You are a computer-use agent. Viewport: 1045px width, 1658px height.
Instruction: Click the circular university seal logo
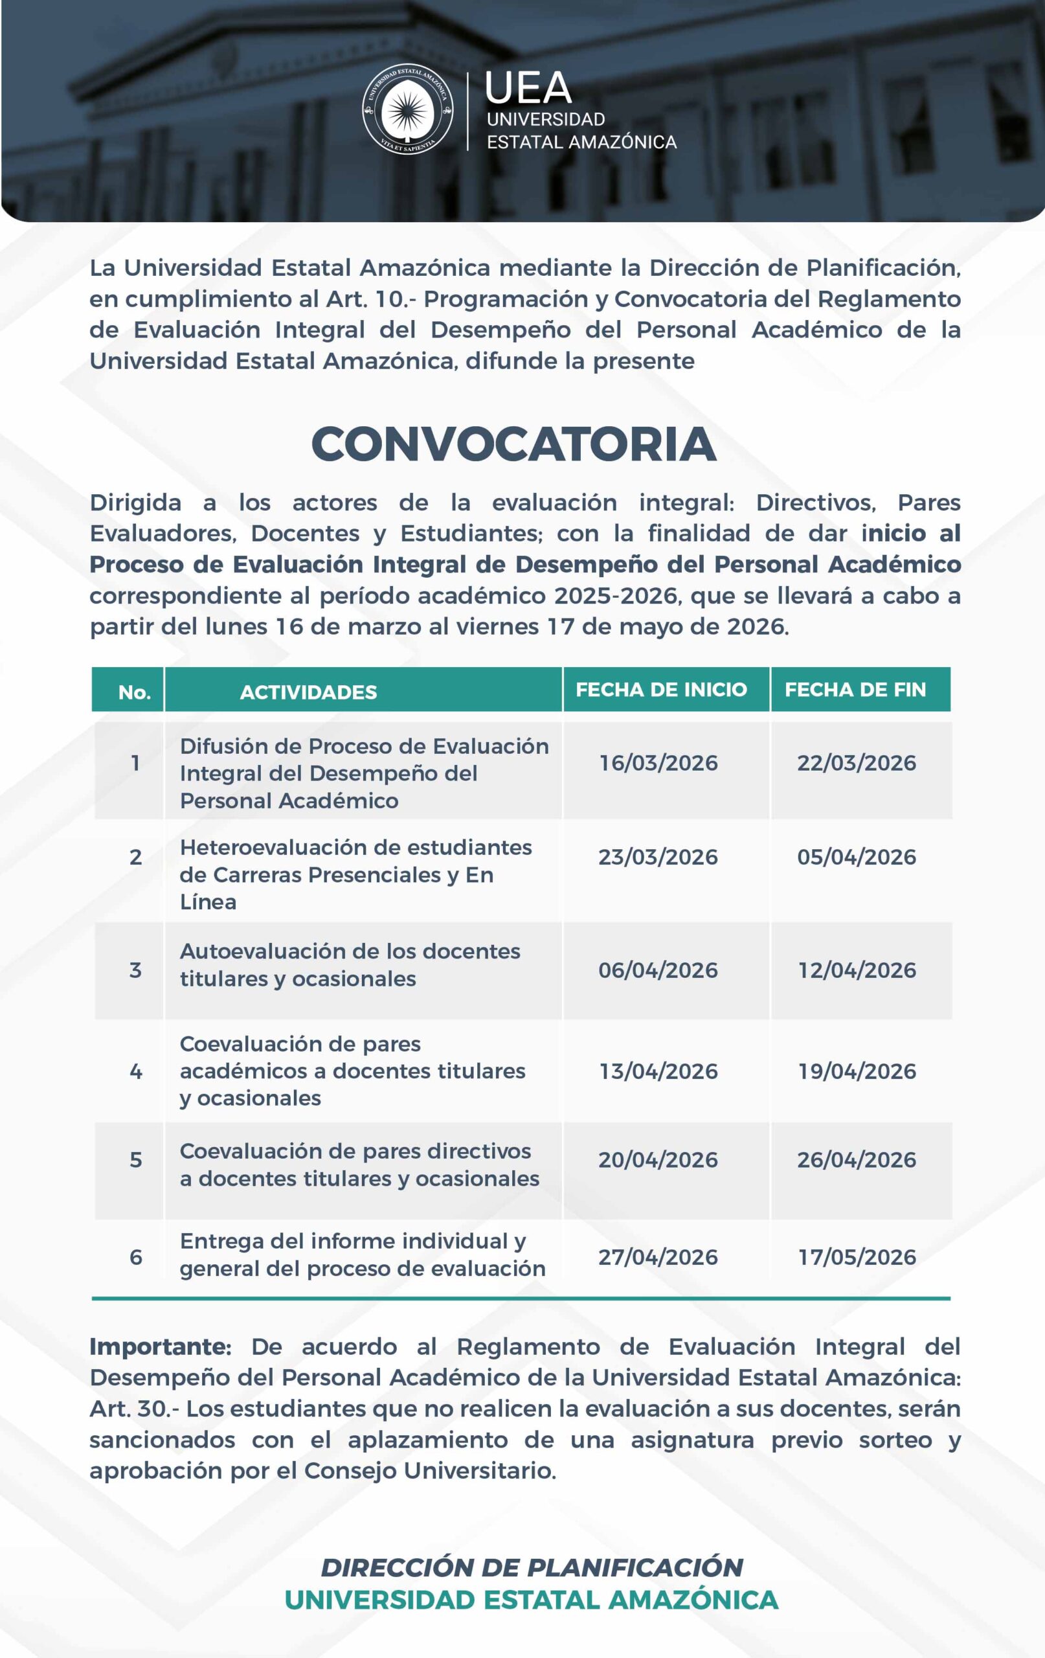(x=407, y=109)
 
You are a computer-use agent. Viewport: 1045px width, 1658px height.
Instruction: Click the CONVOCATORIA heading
(x=513, y=444)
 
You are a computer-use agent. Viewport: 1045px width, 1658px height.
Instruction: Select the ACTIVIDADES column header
(x=308, y=692)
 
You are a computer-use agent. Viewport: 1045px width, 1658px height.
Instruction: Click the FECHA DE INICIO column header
(x=661, y=689)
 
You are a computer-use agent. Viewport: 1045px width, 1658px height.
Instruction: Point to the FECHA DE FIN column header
(x=855, y=689)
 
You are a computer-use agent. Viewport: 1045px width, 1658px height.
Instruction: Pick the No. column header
(x=134, y=692)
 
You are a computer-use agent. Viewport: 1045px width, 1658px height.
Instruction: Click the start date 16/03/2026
(x=658, y=763)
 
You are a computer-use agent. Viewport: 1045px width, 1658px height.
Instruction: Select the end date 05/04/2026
(x=857, y=857)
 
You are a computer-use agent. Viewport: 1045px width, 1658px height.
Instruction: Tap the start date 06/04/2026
(x=657, y=970)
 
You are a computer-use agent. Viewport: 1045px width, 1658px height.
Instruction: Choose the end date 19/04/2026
(x=857, y=1071)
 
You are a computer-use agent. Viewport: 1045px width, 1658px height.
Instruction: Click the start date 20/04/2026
(x=657, y=1160)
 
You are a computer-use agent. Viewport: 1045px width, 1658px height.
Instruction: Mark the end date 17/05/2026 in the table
(x=857, y=1257)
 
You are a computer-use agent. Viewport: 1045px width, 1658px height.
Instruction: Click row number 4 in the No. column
(x=135, y=1071)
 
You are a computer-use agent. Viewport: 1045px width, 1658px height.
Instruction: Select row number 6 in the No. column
(x=135, y=1257)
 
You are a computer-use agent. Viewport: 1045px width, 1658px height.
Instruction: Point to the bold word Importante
(x=161, y=1346)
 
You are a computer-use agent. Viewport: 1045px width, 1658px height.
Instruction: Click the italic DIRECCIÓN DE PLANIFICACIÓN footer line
(x=532, y=1567)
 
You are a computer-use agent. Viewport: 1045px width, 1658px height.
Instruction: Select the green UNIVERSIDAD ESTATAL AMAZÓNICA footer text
(x=532, y=1600)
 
